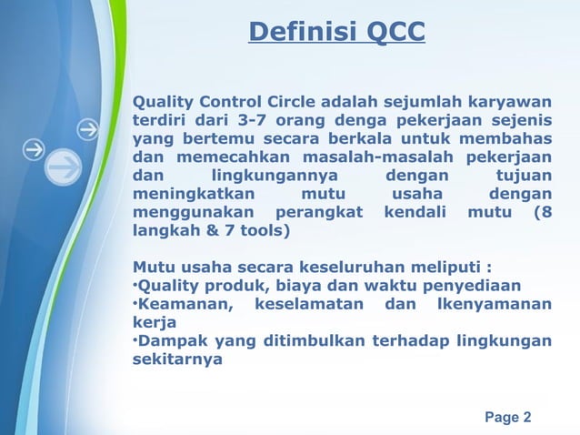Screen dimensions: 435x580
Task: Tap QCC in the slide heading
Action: pos(391,33)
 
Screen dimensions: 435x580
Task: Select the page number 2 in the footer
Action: pos(527,418)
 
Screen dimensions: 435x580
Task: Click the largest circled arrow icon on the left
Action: pos(63,170)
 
